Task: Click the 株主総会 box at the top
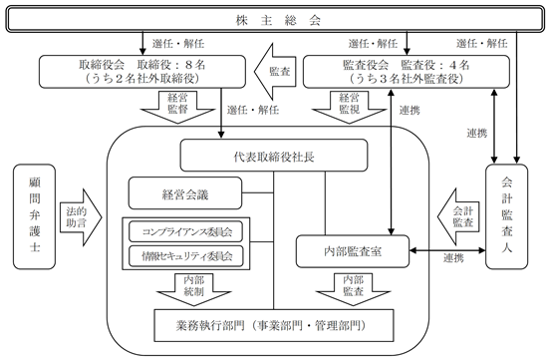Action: (275, 20)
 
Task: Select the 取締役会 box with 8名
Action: (142, 72)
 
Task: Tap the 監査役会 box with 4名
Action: (407, 72)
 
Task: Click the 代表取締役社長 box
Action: (274, 156)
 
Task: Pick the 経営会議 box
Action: (185, 193)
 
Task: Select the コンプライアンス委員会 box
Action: (185, 231)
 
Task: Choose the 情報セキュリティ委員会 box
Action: (185, 256)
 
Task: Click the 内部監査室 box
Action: (353, 251)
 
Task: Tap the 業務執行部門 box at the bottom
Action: (274, 325)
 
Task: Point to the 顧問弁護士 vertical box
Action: (34, 216)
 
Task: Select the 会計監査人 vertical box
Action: (507, 216)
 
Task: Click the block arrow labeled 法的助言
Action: (81, 217)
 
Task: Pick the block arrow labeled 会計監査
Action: (459, 217)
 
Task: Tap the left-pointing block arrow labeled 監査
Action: (275, 72)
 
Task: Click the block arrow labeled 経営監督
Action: (177, 107)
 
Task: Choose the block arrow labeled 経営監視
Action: (349, 107)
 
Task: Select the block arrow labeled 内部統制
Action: (193, 289)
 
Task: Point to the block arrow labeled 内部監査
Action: (353, 289)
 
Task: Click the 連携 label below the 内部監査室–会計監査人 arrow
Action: (453, 258)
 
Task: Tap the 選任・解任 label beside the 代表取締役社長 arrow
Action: (253, 110)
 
